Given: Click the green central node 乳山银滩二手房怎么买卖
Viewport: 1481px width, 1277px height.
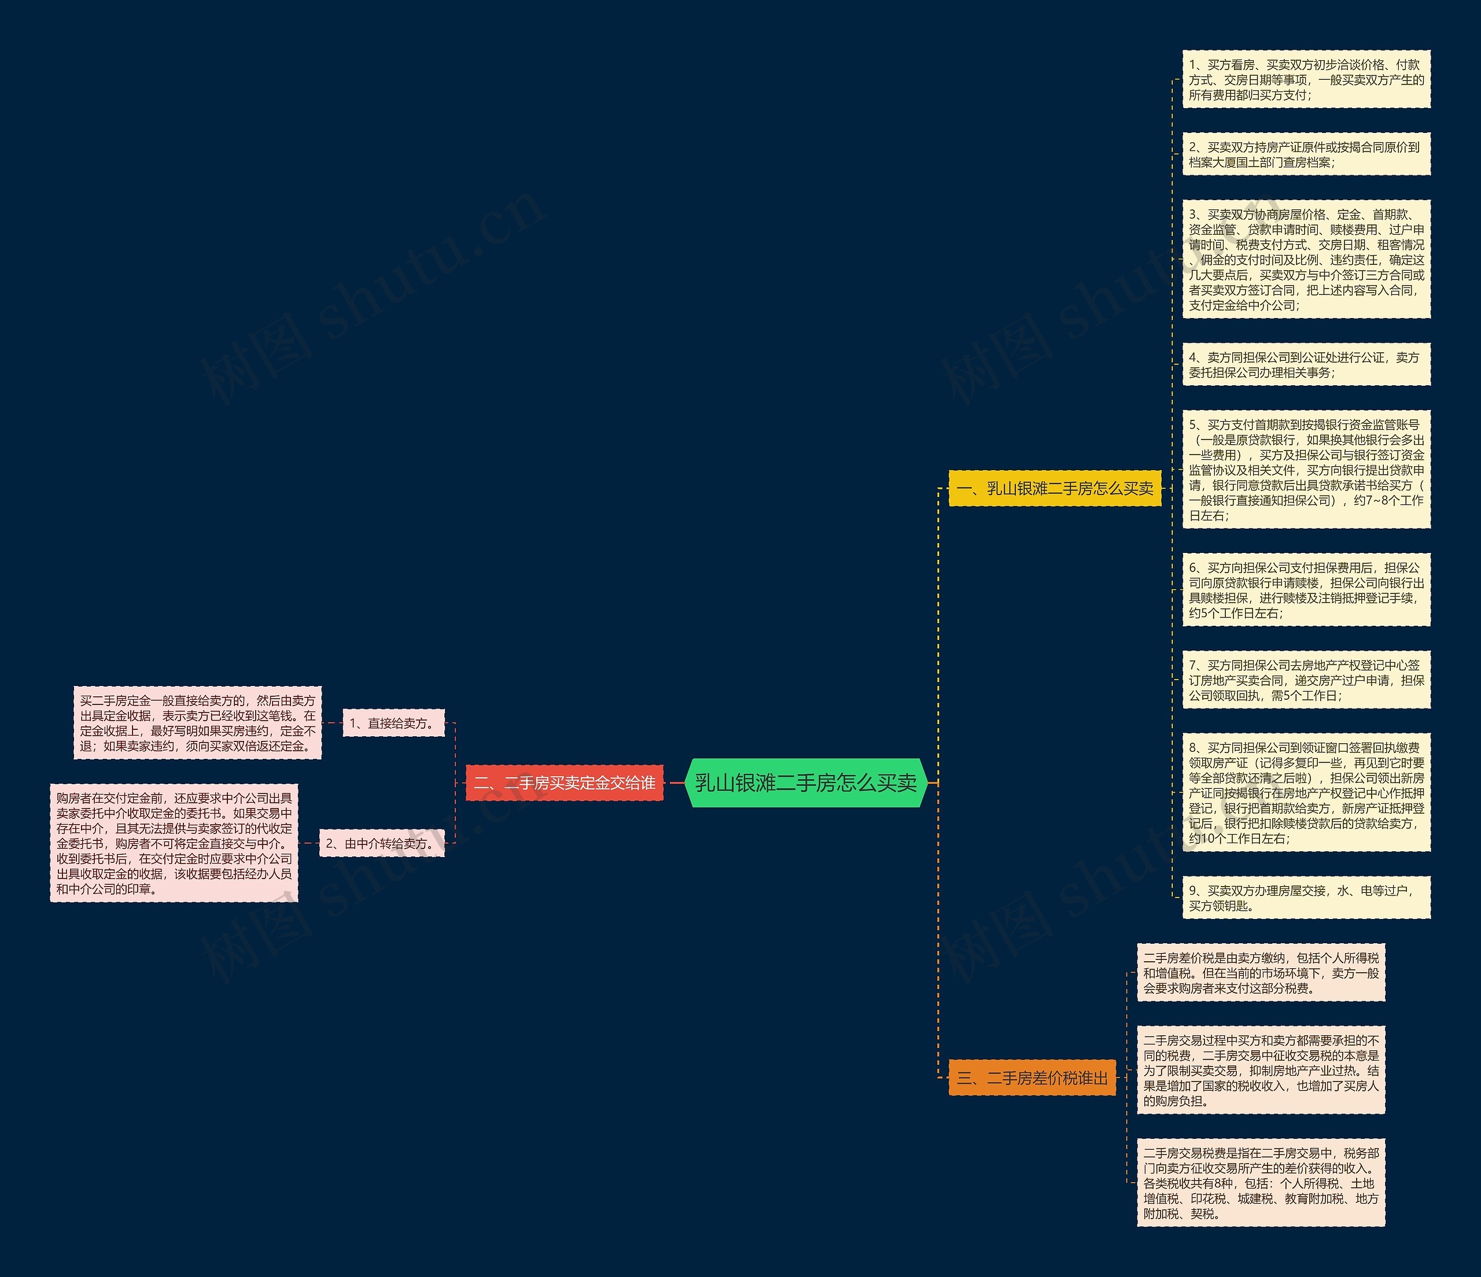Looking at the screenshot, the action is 805,783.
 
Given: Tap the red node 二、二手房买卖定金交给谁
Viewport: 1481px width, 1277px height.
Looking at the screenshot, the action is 564,783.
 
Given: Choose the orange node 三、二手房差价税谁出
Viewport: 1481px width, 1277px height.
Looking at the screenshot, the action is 1031,1077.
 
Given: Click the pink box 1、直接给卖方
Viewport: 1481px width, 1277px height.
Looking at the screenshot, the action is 393,723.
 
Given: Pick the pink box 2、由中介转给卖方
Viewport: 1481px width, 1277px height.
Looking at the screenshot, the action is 381,843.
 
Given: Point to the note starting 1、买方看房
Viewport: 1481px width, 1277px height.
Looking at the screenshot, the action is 1306,79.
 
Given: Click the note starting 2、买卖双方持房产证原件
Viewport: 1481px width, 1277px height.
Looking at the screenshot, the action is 1306,154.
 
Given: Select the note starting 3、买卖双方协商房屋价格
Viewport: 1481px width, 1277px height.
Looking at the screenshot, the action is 1306,260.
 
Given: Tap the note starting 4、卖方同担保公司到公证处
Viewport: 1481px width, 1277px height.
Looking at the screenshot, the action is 1306,364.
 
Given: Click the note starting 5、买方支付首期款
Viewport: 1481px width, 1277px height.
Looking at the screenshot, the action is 1306,470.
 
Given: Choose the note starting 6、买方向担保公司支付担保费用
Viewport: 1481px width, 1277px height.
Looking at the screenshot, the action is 1306,589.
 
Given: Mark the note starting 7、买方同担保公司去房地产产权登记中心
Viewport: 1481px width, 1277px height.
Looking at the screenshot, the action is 1306,680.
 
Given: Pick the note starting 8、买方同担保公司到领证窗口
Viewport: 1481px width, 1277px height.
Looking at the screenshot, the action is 1306,792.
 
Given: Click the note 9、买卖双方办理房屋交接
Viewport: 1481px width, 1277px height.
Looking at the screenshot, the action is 1306,898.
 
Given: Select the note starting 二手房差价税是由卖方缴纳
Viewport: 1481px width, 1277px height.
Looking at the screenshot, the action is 1261,973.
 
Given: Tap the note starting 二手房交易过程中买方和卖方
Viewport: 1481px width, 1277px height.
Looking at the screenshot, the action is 1261,1070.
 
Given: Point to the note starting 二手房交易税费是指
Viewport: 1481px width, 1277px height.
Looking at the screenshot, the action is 1261,1183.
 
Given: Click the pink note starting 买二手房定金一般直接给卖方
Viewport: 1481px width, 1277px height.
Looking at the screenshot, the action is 197,723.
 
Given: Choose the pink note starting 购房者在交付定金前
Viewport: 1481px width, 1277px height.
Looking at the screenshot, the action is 174,843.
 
